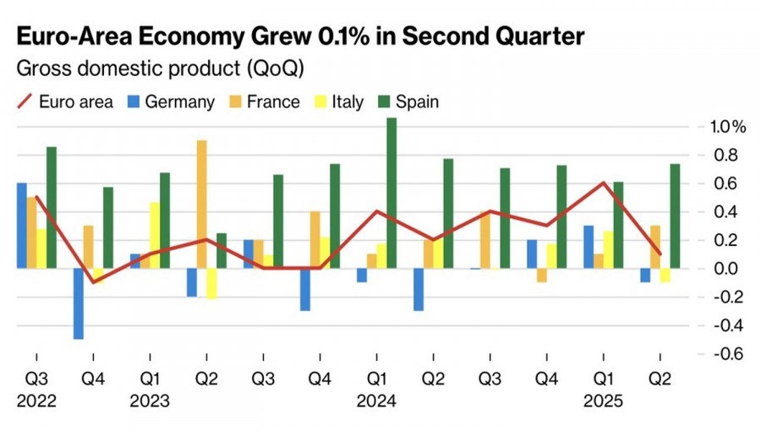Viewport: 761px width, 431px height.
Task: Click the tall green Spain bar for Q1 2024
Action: point(391,193)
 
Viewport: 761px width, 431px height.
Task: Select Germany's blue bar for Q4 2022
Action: point(79,303)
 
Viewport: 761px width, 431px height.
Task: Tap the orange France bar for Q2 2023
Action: point(201,204)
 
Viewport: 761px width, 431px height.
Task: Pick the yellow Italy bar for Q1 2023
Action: point(155,235)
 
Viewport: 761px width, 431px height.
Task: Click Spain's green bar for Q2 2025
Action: point(675,215)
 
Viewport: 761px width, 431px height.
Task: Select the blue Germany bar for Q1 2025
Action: point(589,247)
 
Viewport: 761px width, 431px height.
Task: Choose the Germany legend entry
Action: point(170,102)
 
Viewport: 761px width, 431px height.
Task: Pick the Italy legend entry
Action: point(338,102)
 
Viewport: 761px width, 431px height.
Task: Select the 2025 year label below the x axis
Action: point(602,401)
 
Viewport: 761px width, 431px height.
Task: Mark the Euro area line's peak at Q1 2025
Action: point(604,183)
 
